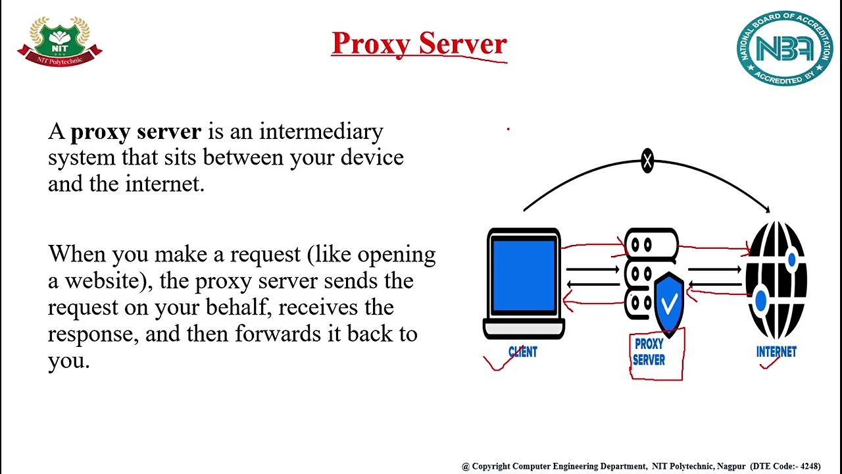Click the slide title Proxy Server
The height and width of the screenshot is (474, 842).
pyautogui.click(x=419, y=43)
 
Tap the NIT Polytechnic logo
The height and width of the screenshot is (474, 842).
pyautogui.click(x=60, y=41)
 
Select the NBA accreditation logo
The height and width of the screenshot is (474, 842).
pyautogui.click(x=784, y=48)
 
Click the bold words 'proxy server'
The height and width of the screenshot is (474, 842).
pyautogui.click(x=136, y=132)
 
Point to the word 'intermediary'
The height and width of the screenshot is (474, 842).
pyautogui.click(x=320, y=132)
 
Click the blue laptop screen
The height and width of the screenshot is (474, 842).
pyautogui.click(x=524, y=275)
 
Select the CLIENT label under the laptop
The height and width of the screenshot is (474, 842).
pyautogui.click(x=523, y=352)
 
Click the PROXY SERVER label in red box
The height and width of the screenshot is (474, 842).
pyautogui.click(x=649, y=352)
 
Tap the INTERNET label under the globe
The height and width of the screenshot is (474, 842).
pyautogui.click(x=776, y=352)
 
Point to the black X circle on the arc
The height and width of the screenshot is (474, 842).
pyautogui.click(x=647, y=161)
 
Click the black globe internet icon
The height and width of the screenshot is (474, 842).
pyautogui.click(x=776, y=280)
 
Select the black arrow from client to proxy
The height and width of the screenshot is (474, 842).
pyautogui.click(x=592, y=269)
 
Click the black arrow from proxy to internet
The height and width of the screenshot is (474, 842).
pyautogui.click(x=714, y=269)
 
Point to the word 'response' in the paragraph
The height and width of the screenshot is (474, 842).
pyautogui.click(x=93, y=334)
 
